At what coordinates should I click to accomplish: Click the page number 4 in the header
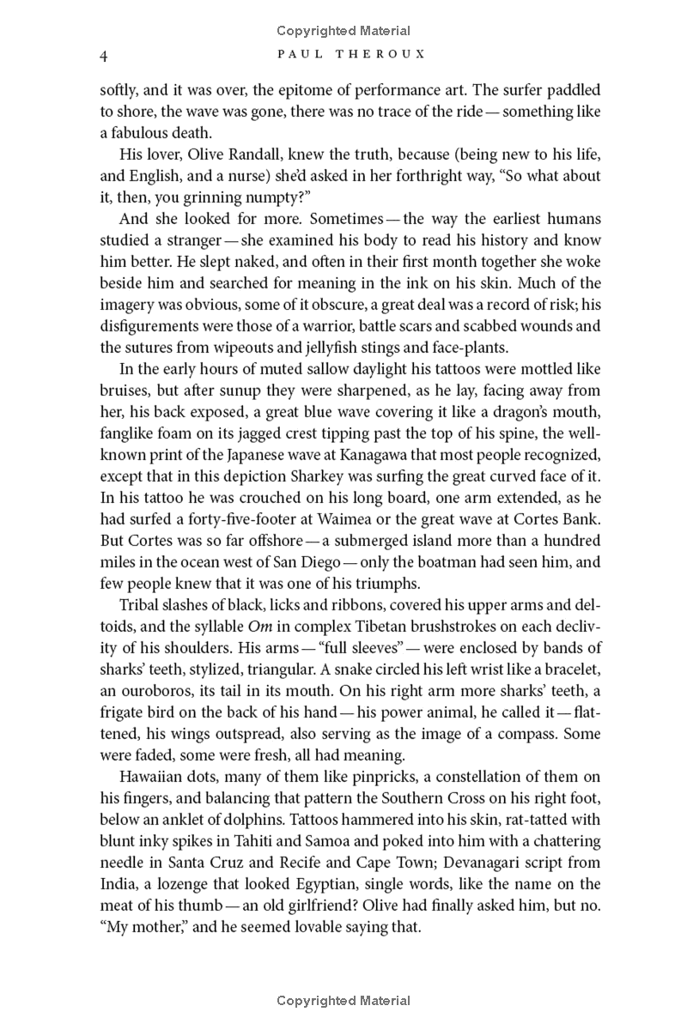[x=103, y=57]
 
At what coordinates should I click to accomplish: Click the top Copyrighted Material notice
[x=343, y=31]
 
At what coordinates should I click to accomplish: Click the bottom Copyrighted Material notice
[x=343, y=1001]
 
